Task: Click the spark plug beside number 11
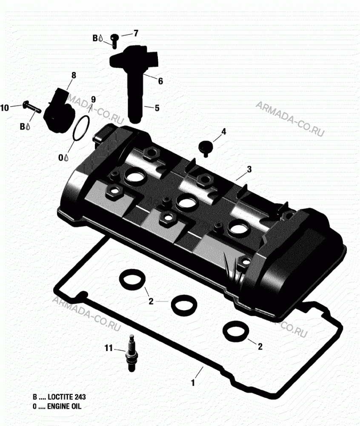(131, 353)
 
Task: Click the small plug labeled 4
(206, 148)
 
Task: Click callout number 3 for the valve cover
(249, 169)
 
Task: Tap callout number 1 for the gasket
(193, 383)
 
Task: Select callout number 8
(74, 75)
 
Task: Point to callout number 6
(160, 81)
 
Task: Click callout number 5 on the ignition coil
(157, 108)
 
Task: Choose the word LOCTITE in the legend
(60, 397)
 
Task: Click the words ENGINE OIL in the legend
(64, 406)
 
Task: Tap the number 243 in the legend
(80, 397)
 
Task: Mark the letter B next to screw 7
(95, 38)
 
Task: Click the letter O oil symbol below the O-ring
(61, 157)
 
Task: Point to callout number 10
(5, 108)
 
